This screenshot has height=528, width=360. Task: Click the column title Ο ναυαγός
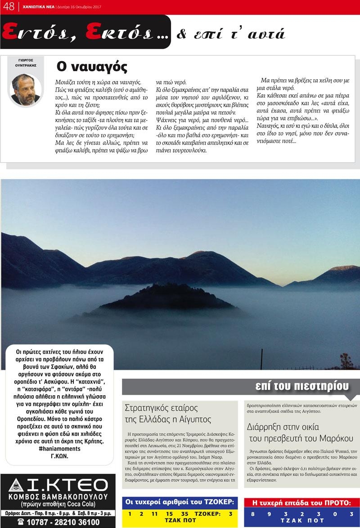pyautogui.click(x=92, y=67)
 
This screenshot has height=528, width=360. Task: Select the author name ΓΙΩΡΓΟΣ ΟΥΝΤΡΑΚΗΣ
pyautogui.click(x=25, y=62)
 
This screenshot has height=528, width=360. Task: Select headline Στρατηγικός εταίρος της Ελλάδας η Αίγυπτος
pyautogui.click(x=168, y=413)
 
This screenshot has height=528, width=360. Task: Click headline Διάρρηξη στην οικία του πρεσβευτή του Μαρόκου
pyautogui.click(x=300, y=432)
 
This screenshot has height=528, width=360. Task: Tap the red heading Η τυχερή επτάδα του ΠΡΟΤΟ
pyautogui.click(x=301, y=503)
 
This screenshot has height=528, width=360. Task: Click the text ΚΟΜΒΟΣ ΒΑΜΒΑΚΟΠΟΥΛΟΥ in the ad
pyautogui.click(x=58, y=497)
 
